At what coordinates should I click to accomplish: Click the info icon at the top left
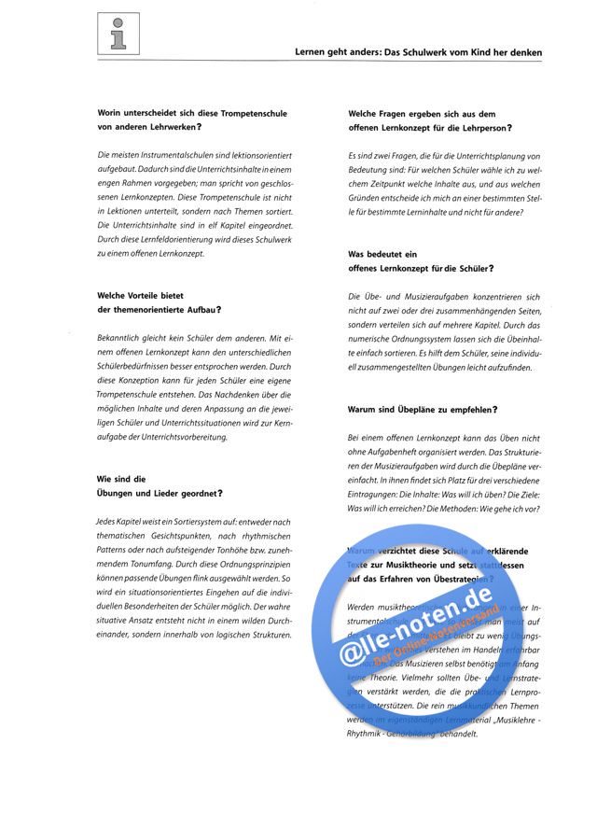tap(118, 33)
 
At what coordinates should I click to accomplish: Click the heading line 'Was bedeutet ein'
tap(382, 254)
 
